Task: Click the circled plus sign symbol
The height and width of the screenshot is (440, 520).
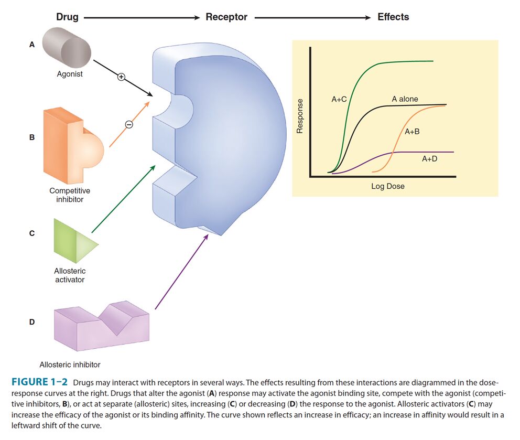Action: point(121,77)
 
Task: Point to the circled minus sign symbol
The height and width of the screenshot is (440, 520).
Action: point(128,124)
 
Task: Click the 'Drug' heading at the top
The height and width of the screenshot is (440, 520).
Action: point(67,17)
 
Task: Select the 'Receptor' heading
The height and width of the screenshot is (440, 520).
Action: point(226,17)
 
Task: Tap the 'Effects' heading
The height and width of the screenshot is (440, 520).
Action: point(393,17)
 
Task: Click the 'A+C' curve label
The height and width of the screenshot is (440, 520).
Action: point(339,99)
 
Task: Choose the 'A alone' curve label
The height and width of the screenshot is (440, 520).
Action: point(405,99)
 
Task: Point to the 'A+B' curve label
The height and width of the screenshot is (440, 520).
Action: point(412,132)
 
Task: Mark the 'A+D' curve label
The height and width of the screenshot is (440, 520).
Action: point(429,158)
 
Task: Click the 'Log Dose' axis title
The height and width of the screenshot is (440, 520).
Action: point(388,186)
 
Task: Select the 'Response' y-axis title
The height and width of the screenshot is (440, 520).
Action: point(300,116)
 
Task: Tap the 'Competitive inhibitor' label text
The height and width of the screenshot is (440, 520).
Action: point(70,195)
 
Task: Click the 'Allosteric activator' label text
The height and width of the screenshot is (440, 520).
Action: point(70,275)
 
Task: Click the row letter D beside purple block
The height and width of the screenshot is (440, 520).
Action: point(32,322)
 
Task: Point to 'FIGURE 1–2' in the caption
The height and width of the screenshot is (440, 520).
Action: point(40,382)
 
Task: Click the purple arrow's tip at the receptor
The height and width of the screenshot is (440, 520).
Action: point(208,234)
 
